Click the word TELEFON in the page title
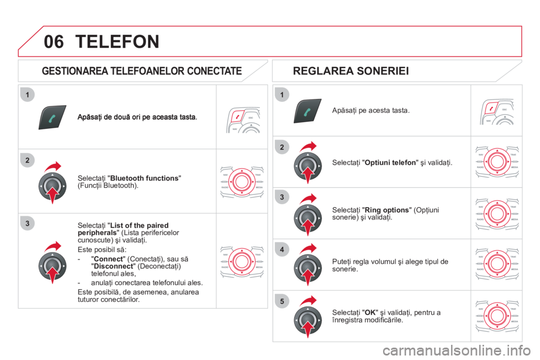[116, 41]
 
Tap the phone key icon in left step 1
[52, 117]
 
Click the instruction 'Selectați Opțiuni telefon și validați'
[392, 163]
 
